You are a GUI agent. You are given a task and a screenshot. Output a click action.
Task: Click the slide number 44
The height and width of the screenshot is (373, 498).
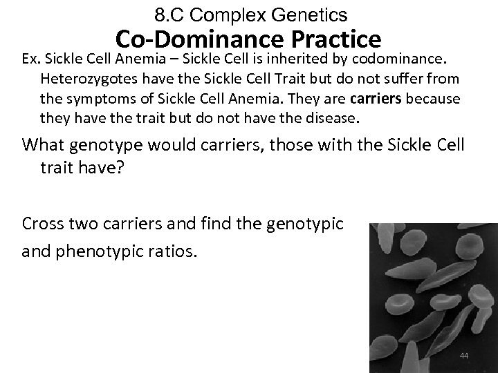[464, 356]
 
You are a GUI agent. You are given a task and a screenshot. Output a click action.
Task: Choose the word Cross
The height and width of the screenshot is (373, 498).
[42, 224]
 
